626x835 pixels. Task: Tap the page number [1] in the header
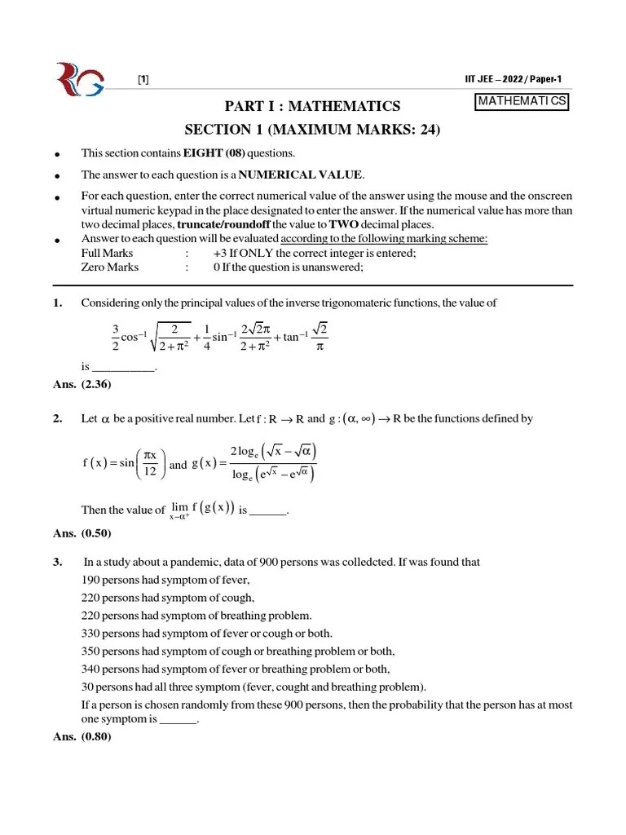point(143,79)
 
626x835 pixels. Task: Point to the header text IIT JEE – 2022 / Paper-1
point(512,79)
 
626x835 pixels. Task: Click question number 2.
point(57,418)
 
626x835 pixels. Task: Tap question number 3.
point(57,562)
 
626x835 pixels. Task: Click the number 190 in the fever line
point(91,580)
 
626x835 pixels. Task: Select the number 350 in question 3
point(91,651)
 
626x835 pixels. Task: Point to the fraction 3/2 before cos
point(116,338)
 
